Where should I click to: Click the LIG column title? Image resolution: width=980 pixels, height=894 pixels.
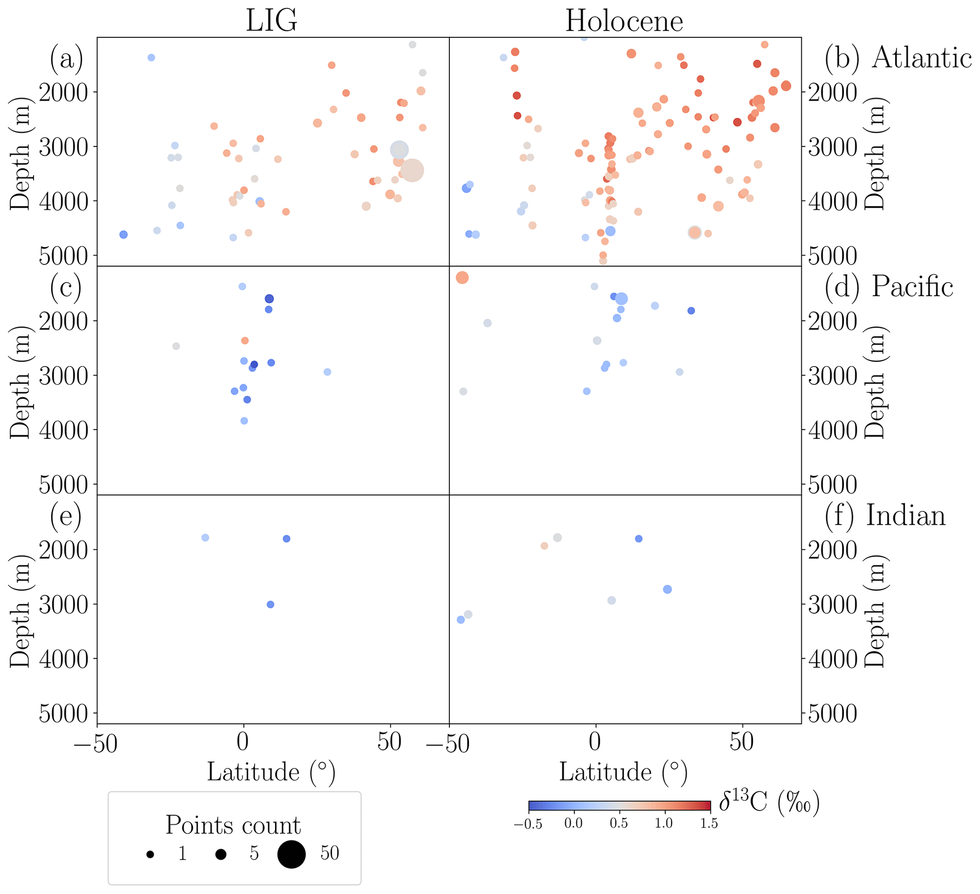click(271, 21)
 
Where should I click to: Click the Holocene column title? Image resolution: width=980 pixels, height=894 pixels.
click(624, 21)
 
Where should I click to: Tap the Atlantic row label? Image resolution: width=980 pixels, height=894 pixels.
click(921, 58)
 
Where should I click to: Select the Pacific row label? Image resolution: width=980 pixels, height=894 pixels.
click(912, 286)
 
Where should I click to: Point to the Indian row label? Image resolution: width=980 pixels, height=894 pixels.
click(906, 516)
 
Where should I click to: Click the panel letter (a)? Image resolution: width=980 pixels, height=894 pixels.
click(66, 58)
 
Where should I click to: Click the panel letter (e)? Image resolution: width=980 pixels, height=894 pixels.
click(66, 516)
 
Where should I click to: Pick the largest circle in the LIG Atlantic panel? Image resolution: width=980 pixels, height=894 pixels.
click(412, 170)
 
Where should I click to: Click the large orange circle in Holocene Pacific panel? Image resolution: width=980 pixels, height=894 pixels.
click(462, 278)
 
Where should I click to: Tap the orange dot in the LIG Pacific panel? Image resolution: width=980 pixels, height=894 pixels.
click(245, 341)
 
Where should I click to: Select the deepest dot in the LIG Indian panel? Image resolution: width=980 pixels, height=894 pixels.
click(271, 605)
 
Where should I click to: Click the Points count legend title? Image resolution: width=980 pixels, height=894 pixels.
click(233, 825)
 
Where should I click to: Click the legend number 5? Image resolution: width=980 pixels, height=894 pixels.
click(254, 854)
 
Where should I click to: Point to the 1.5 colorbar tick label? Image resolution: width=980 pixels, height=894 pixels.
click(709, 823)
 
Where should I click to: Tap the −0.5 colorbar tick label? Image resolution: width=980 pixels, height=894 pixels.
click(528, 823)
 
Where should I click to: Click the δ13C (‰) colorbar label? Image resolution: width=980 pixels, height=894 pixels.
click(769, 802)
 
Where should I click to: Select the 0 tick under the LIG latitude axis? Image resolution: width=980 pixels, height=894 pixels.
click(243, 742)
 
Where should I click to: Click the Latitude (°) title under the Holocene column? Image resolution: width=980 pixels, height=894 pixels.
click(623, 772)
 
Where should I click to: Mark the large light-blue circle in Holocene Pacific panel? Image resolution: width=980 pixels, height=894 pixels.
click(621, 299)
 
